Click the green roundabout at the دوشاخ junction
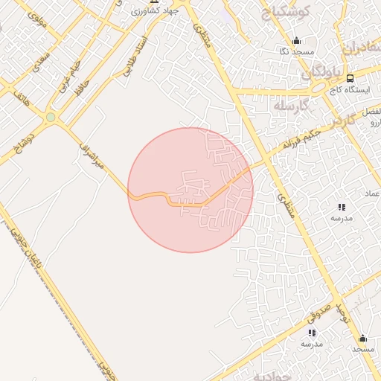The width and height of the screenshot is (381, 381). [x=51, y=117]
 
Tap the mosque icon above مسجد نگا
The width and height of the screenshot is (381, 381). [x=297, y=41]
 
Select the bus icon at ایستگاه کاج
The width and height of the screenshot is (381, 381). [x=349, y=77]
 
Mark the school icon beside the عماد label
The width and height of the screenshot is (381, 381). [x=342, y=207]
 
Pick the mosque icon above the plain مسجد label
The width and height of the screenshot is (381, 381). [x=362, y=338]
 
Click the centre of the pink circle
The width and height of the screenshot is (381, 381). [x=190, y=190]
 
